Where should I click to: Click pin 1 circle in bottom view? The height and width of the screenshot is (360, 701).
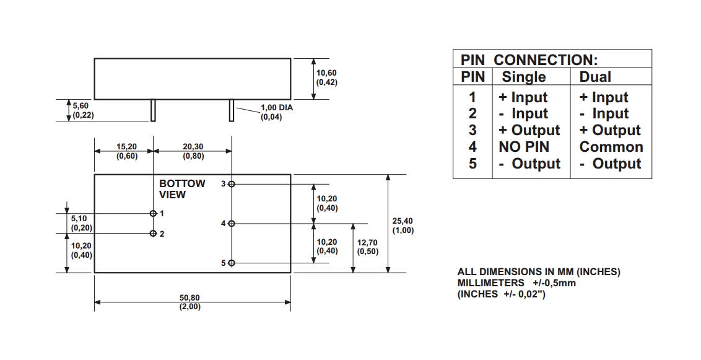click(x=153, y=213)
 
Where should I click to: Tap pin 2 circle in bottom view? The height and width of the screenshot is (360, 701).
click(x=153, y=234)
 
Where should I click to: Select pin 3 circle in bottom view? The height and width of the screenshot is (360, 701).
click(x=232, y=184)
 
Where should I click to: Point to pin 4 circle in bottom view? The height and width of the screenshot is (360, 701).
click(x=232, y=223)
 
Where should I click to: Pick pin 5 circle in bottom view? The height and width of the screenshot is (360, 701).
click(x=232, y=263)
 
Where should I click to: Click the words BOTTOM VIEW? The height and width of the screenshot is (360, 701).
click(x=181, y=189)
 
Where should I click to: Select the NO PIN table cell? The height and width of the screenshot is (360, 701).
click(x=523, y=147)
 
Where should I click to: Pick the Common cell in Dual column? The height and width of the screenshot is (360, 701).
click(x=611, y=147)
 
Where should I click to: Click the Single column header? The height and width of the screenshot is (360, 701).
click(x=523, y=77)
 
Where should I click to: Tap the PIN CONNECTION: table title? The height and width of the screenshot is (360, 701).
click(x=529, y=59)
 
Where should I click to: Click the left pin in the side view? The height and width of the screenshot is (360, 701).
click(x=152, y=110)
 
